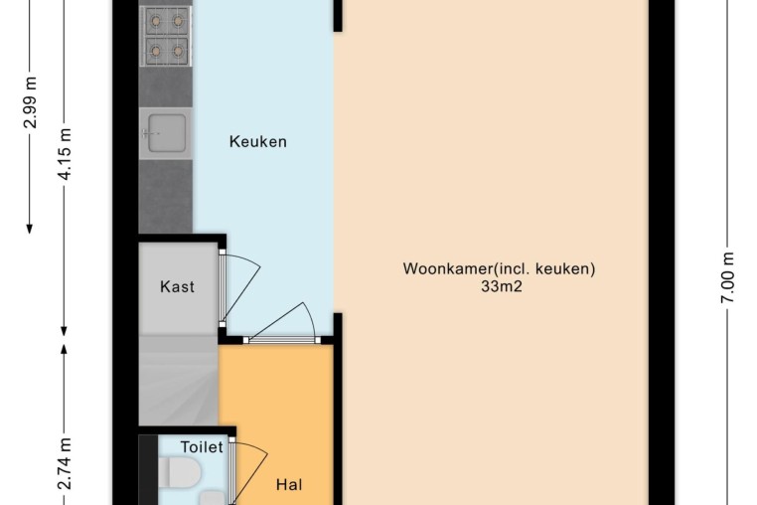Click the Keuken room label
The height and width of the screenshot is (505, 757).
pos(258,141)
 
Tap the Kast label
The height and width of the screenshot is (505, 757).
pos(177,286)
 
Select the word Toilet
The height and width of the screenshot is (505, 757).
pos(202,447)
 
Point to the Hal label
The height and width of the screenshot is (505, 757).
pos(289,484)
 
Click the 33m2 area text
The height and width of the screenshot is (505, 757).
pos(502,286)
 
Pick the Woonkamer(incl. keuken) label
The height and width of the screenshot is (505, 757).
pos(499,268)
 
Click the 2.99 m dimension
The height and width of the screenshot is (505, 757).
pos(31,102)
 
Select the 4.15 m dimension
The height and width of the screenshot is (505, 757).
pos(65,154)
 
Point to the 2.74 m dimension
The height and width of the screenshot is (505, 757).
pos(65,463)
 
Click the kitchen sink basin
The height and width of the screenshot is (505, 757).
pos(166,133)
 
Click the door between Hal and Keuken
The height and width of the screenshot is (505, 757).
pos(282,340)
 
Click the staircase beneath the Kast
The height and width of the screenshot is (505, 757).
pos(179,381)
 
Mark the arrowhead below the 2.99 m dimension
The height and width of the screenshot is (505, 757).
pos(30,229)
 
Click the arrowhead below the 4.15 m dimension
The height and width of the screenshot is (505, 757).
pos(65,331)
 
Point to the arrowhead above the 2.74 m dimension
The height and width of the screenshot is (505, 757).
pos(65,348)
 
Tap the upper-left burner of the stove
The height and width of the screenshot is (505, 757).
pos(155,21)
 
